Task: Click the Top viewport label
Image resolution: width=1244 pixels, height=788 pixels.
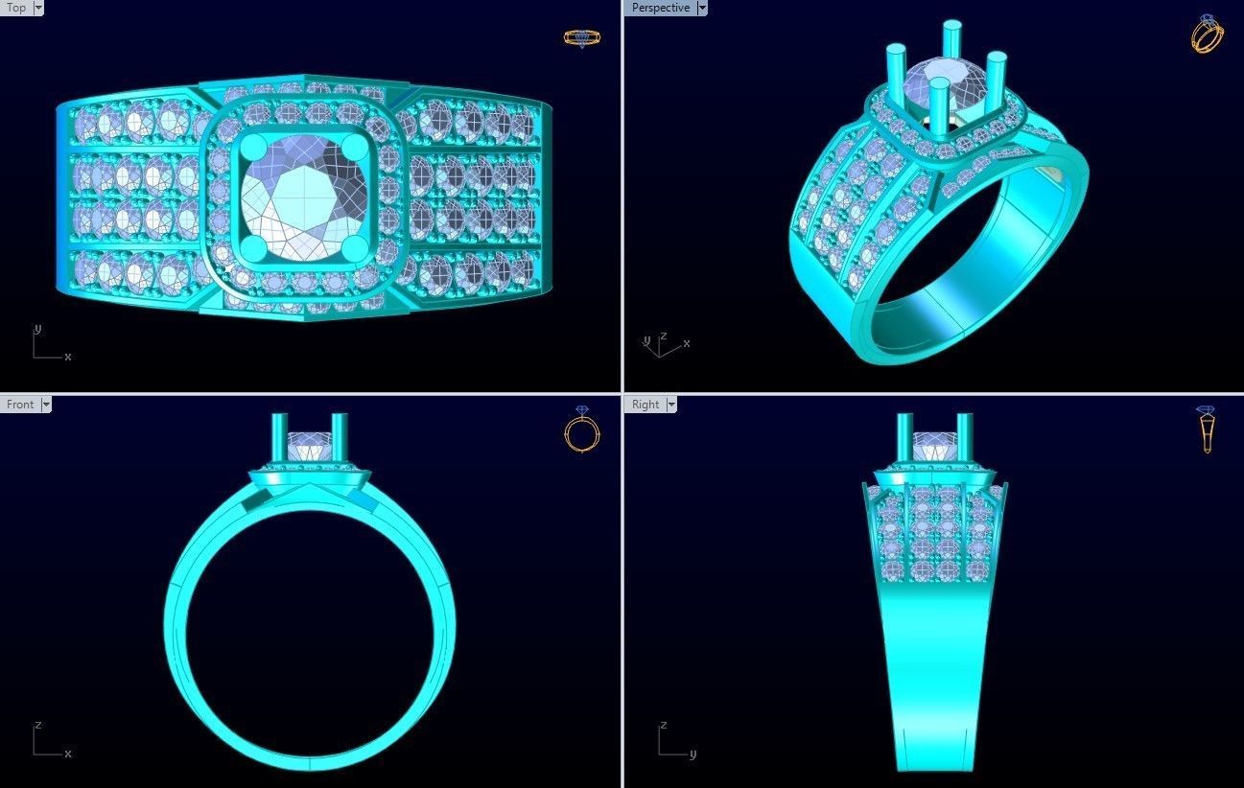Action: (x=16, y=8)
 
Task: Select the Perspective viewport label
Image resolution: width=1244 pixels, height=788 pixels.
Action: (x=660, y=8)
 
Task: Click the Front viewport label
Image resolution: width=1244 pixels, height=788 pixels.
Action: (x=20, y=405)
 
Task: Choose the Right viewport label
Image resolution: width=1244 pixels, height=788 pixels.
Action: (x=645, y=405)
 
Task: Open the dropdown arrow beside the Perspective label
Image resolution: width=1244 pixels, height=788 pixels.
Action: (x=702, y=8)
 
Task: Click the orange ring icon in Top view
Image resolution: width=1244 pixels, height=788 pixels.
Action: (x=581, y=38)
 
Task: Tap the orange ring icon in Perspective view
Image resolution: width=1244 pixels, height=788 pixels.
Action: (x=1207, y=35)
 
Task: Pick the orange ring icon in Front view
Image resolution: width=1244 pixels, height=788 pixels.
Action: (x=581, y=429)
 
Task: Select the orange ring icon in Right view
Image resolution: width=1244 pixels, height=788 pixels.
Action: (x=1207, y=429)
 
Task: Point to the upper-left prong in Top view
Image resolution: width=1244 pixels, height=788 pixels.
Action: (x=255, y=150)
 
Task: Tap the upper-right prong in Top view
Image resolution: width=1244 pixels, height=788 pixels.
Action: (x=355, y=150)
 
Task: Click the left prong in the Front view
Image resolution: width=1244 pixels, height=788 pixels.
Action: (x=280, y=437)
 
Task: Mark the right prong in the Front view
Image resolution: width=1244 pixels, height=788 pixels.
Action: (x=340, y=437)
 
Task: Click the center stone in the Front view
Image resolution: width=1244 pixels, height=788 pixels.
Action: (x=310, y=446)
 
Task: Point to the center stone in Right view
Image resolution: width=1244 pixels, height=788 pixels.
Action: (x=934, y=446)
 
